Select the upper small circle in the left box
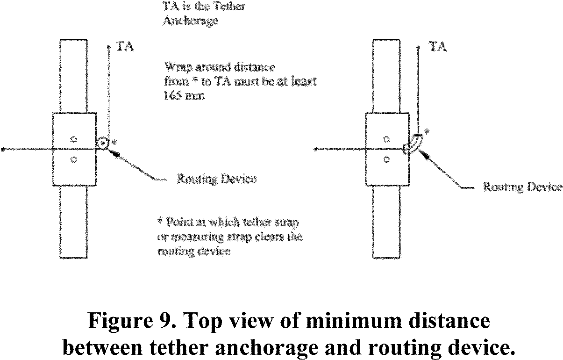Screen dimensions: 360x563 pyautogui.click(x=73, y=139)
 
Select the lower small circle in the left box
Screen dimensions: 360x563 pyautogui.click(x=73, y=159)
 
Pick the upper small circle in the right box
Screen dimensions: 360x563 pyautogui.click(x=386, y=139)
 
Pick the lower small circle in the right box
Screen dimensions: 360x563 pyautogui.click(x=386, y=159)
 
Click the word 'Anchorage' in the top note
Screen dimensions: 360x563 pyautogui.click(x=190, y=22)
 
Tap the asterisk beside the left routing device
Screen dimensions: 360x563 pyautogui.click(x=114, y=141)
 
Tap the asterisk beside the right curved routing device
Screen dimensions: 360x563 pyautogui.click(x=427, y=133)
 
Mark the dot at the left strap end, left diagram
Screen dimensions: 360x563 pyautogui.click(x=3, y=150)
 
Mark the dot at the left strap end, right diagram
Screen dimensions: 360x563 pyautogui.click(x=316, y=150)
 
